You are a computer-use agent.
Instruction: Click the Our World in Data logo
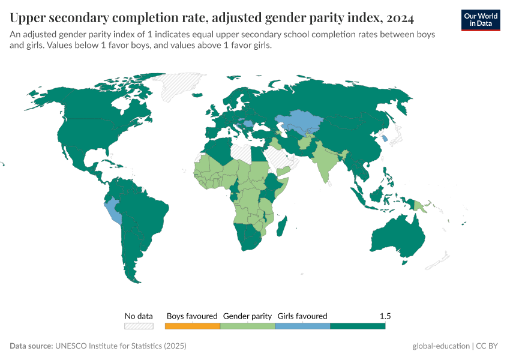click(480, 20)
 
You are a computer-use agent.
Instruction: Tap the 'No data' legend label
click(139, 316)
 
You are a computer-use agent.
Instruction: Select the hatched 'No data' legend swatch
click(139, 326)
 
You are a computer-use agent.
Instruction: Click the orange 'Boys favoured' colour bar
click(192, 326)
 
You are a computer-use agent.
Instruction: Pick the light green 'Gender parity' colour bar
click(247, 326)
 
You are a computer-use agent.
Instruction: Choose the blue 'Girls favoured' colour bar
click(302, 326)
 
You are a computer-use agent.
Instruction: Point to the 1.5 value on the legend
click(385, 316)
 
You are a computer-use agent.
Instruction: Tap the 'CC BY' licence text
click(490, 346)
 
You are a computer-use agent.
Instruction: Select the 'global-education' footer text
click(441, 346)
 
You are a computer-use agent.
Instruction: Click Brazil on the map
click(147, 210)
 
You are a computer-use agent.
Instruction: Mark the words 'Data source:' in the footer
click(31, 346)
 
